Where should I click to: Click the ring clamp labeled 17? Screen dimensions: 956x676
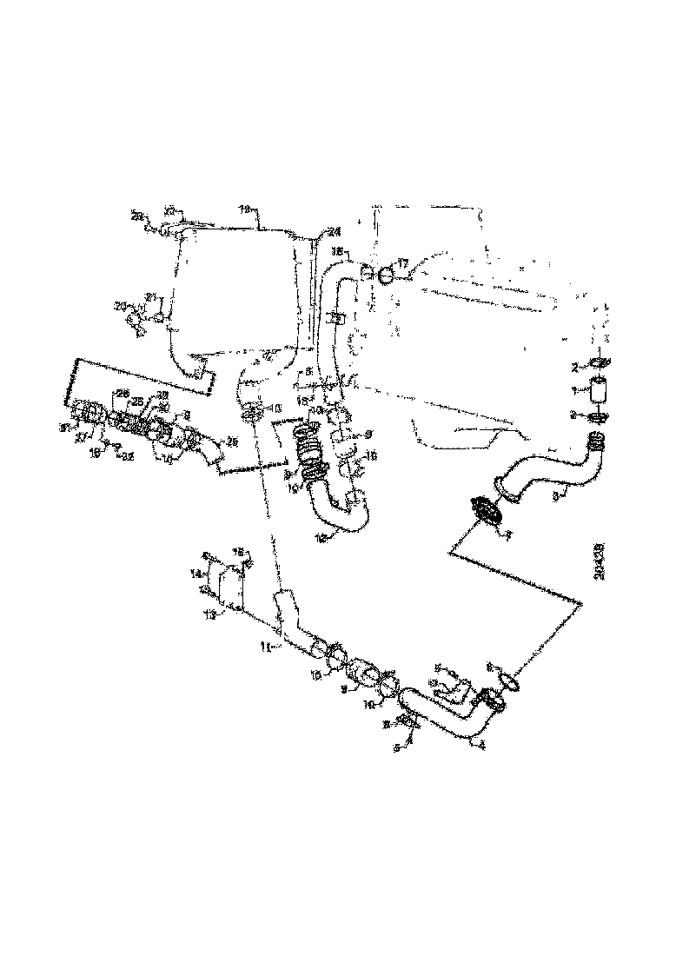(x=385, y=273)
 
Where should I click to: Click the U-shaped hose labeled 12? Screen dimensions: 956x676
(x=342, y=513)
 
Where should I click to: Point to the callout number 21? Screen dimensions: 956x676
(x=150, y=298)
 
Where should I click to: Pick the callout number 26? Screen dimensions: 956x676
(x=123, y=394)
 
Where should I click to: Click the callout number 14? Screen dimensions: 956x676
(x=197, y=574)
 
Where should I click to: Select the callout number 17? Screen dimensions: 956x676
(x=403, y=262)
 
